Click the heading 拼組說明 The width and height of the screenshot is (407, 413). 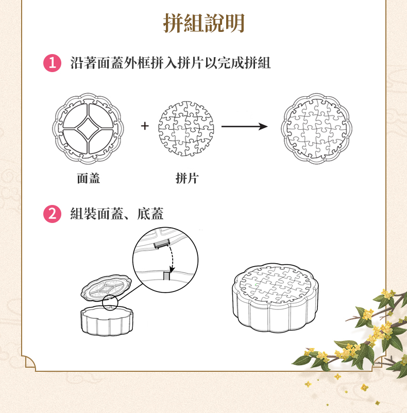(204, 23)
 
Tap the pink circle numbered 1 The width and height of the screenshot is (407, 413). (52, 63)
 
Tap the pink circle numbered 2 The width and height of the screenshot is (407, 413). (52, 214)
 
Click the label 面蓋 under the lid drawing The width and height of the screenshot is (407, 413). (89, 178)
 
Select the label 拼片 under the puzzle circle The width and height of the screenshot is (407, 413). (187, 178)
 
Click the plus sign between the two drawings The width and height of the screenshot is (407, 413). (145, 126)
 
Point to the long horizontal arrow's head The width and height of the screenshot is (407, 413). (263, 127)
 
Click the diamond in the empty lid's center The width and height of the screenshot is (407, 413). (88, 128)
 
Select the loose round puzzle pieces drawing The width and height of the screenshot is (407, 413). (186, 129)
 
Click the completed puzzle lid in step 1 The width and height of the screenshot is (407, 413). (316, 129)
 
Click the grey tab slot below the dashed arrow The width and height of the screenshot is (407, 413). (166, 276)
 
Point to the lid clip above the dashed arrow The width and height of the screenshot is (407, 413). (161, 244)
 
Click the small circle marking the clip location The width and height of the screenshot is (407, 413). (110, 302)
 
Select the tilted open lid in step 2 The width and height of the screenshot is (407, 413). (106, 288)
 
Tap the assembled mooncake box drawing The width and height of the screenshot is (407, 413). (275, 298)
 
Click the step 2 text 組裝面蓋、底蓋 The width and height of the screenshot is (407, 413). (117, 214)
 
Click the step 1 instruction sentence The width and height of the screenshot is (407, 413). (171, 63)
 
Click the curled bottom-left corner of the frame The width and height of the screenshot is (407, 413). (29, 362)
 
